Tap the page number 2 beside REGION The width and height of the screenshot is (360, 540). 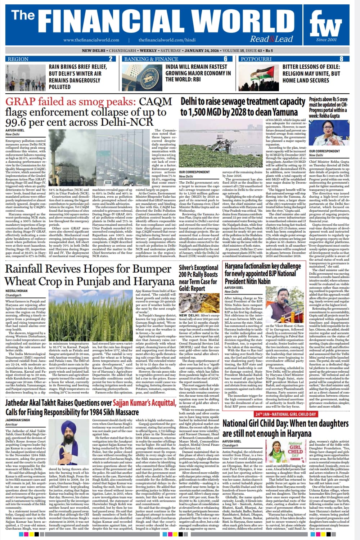[111, 59]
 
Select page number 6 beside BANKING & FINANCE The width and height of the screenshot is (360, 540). [226, 59]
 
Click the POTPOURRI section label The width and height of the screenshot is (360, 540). [256, 59]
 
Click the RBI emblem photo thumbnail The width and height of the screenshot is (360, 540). [142, 77]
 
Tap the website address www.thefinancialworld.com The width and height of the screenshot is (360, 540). [91, 40]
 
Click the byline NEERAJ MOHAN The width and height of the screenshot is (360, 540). [16, 291]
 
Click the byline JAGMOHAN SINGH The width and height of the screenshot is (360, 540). [18, 420]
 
